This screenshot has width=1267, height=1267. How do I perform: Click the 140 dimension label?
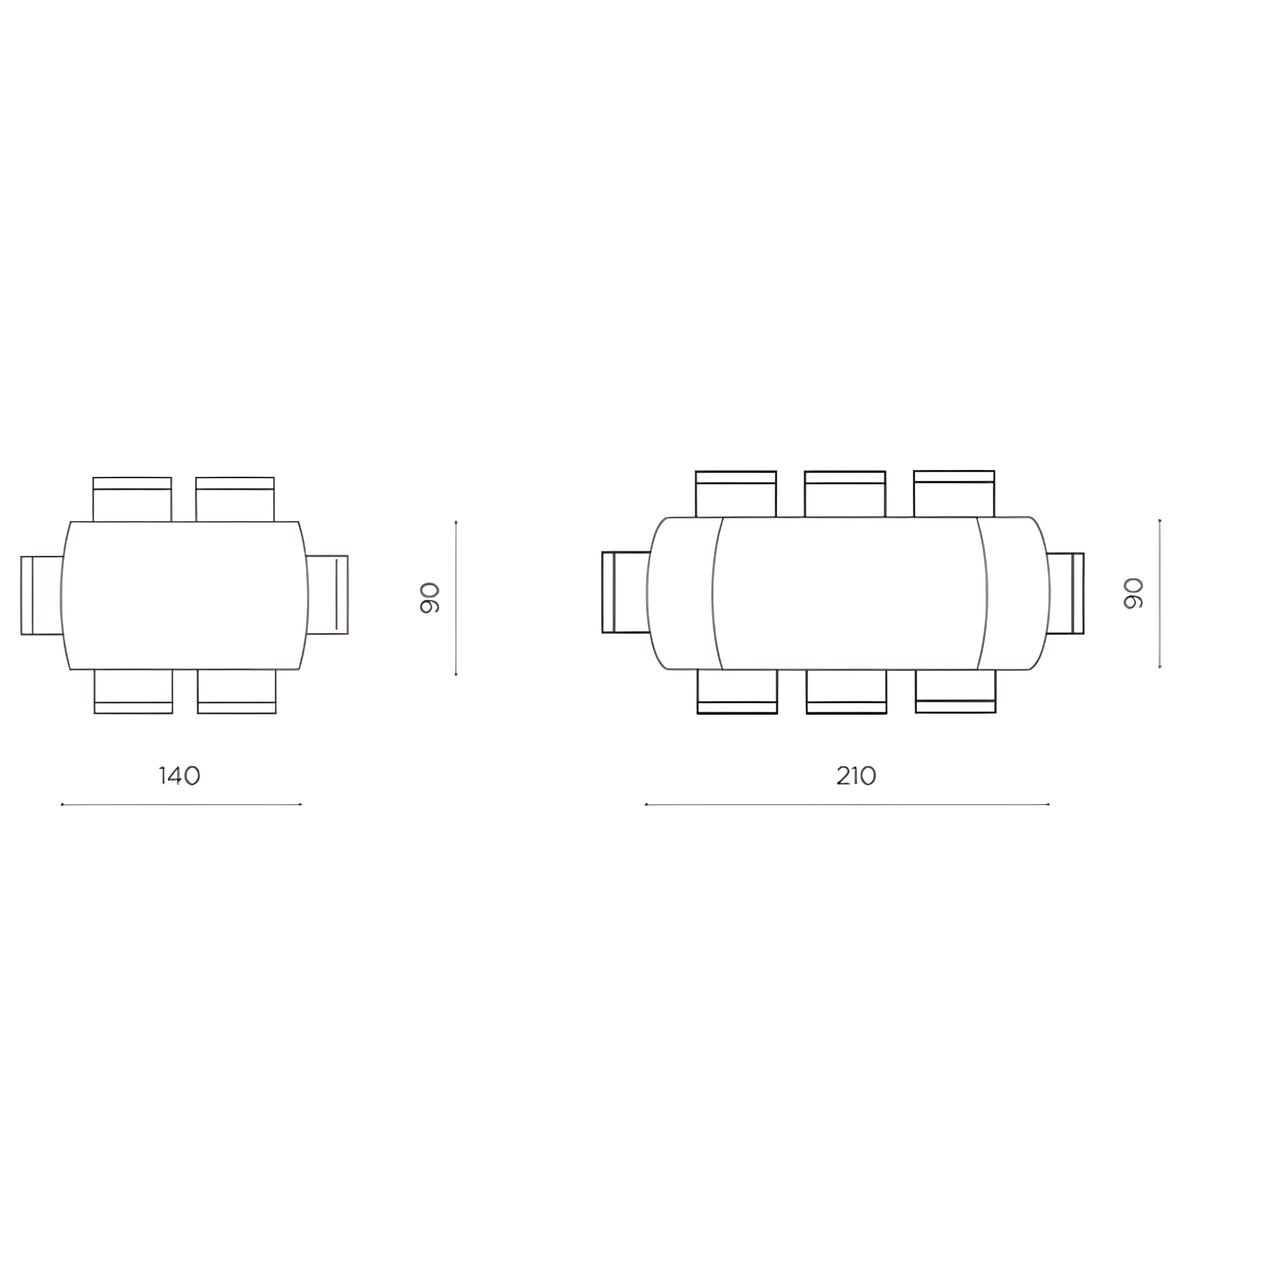180,775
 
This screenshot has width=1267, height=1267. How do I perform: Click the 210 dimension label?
856,775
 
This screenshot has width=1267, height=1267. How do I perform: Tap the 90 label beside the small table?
430,597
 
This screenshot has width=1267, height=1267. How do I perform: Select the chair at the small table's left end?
42,595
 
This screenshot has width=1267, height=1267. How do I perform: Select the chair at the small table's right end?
327,595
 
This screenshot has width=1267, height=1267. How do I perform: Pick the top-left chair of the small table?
132,500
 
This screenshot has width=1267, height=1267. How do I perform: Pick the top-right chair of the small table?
235,500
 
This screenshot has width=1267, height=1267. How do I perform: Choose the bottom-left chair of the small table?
133,691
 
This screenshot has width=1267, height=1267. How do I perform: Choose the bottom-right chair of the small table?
237,691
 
